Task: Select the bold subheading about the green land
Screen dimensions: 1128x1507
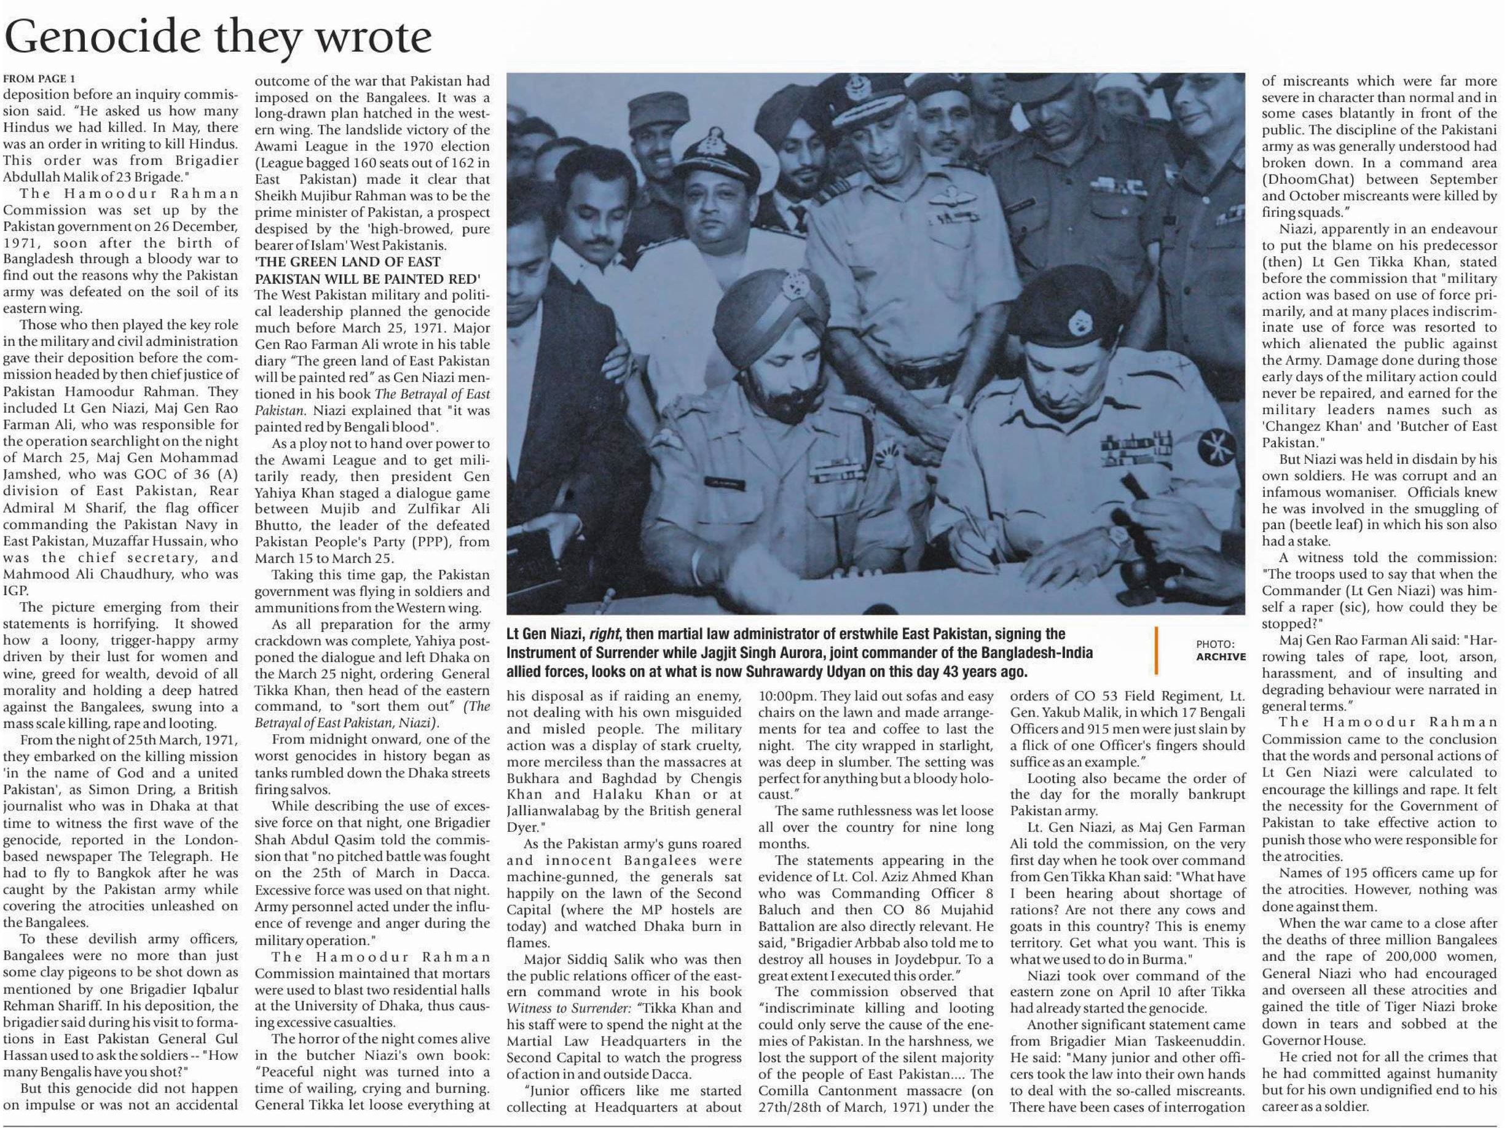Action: click(368, 270)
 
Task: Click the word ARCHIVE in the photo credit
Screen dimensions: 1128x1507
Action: click(1221, 657)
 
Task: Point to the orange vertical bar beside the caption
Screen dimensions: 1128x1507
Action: click(1156, 651)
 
